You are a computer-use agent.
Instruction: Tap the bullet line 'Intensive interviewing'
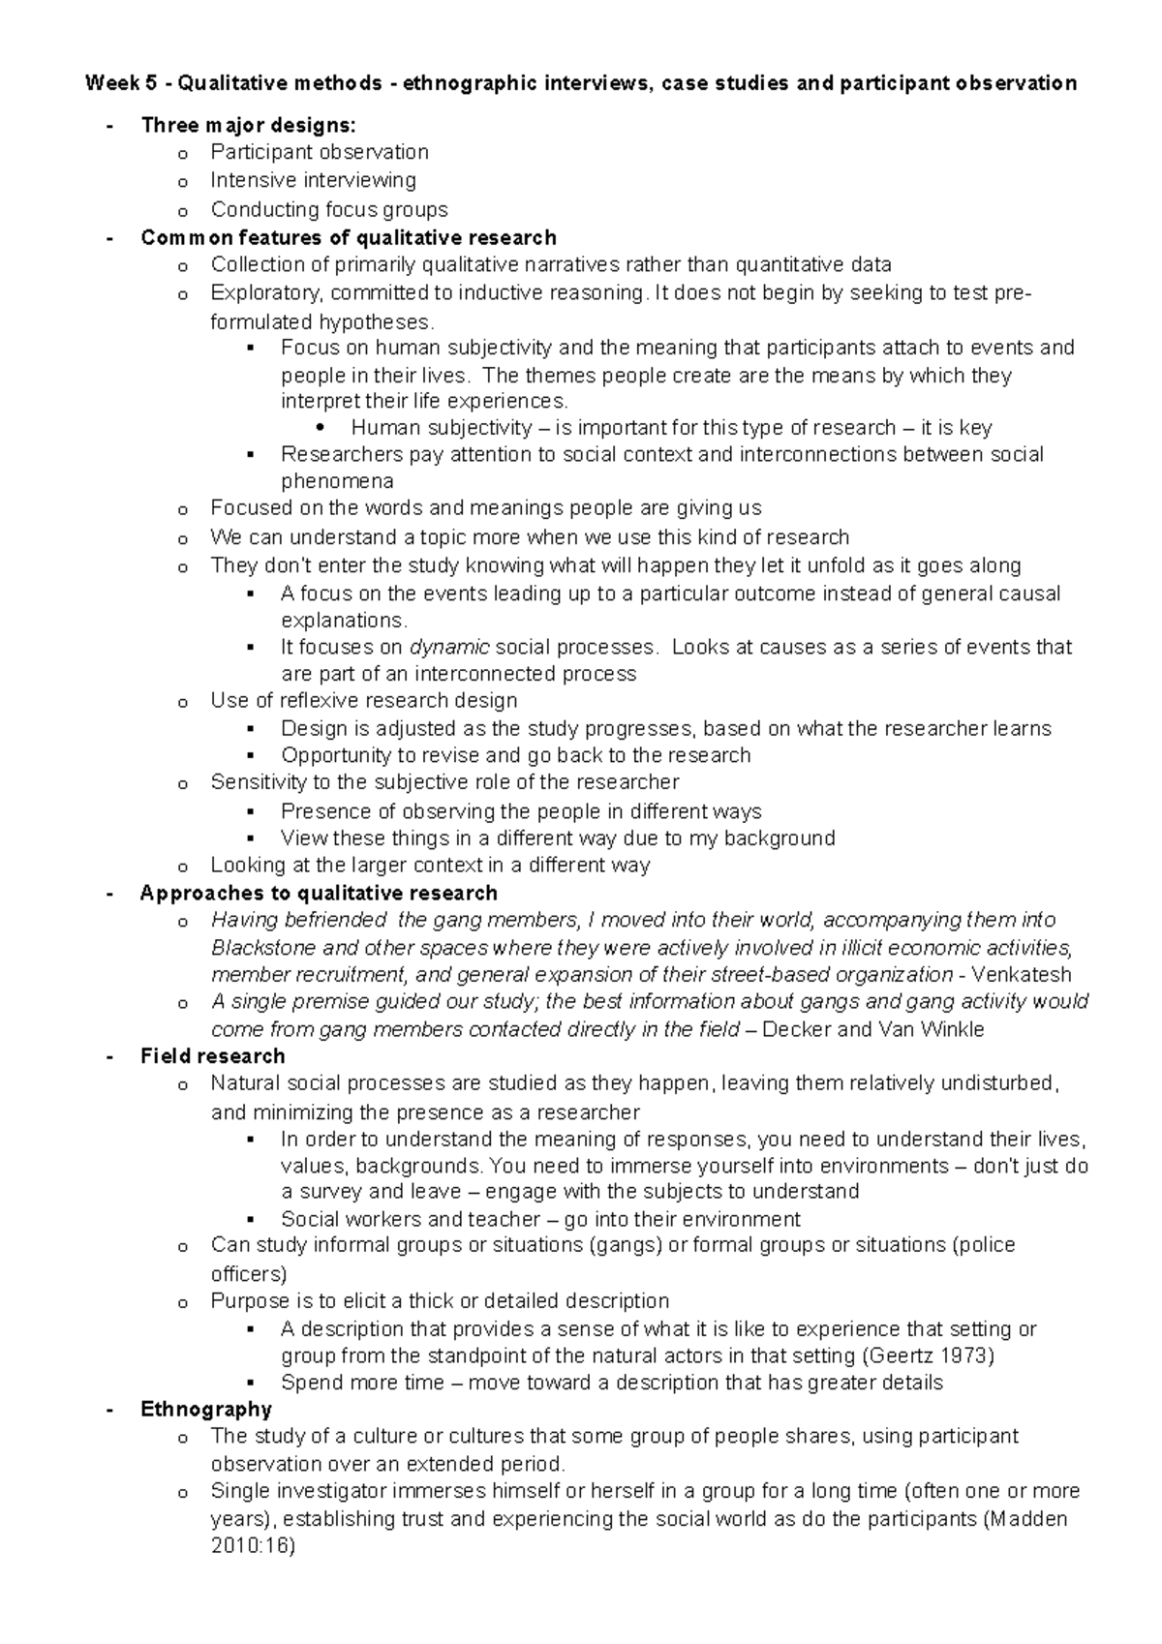point(313,180)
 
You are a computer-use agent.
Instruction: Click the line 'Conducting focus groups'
point(329,209)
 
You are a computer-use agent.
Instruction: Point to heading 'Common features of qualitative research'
point(349,237)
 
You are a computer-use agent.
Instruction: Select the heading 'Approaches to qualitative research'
point(319,893)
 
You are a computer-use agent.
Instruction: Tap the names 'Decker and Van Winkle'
point(873,1029)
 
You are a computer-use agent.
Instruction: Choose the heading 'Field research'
point(213,1056)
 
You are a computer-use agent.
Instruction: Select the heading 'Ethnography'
point(206,1409)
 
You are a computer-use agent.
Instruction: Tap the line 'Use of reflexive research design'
point(364,700)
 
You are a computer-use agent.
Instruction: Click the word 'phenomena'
point(337,481)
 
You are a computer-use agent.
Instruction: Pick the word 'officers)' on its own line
point(249,1273)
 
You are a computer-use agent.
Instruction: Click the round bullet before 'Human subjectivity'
point(321,428)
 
